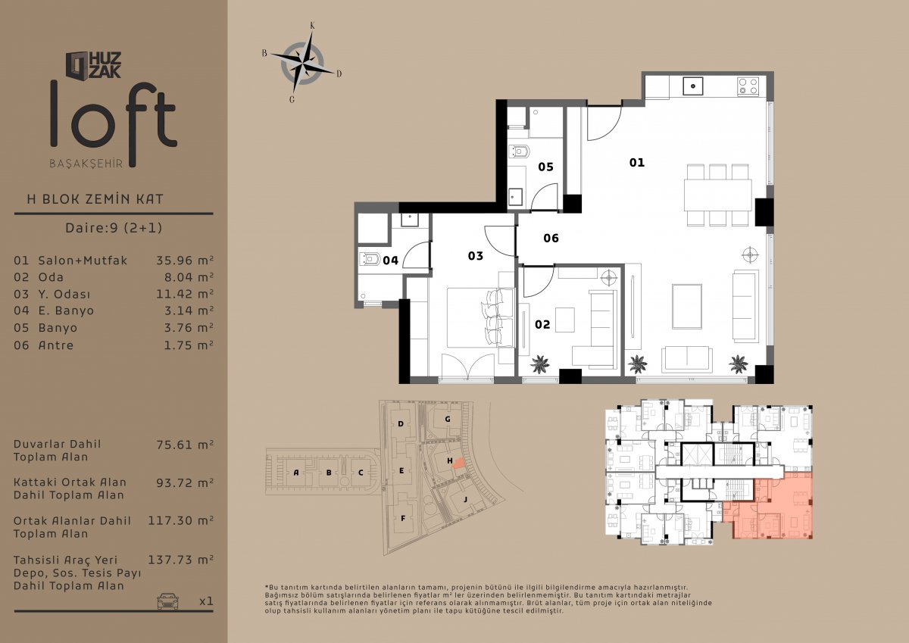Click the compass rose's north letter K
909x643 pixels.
click(x=312, y=26)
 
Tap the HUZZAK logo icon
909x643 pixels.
click(x=77, y=65)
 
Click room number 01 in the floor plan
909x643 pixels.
click(x=637, y=163)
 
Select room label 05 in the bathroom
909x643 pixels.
click(x=546, y=167)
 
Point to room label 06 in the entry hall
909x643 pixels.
click(x=551, y=238)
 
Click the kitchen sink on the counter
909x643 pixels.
click(x=693, y=86)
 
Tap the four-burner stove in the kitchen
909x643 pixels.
click(x=748, y=86)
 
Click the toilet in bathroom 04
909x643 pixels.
click(x=370, y=258)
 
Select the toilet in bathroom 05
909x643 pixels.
click(x=520, y=151)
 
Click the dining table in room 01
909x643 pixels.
click(x=717, y=195)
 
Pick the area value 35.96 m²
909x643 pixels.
click(x=185, y=260)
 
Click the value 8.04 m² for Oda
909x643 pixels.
click(x=189, y=277)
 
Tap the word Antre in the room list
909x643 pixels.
click(x=56, y=345)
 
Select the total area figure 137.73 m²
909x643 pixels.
click(x=180, y=560)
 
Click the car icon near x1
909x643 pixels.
click(x=167, y=601)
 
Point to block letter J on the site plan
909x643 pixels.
click(x=465, y=499)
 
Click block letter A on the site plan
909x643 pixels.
click(x=296, y=473)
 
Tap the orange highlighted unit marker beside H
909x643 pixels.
click(x=458, y=464)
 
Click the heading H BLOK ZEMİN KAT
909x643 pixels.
click(x=95, y=199)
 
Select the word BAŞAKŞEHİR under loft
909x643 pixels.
click(x=86, y=164)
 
